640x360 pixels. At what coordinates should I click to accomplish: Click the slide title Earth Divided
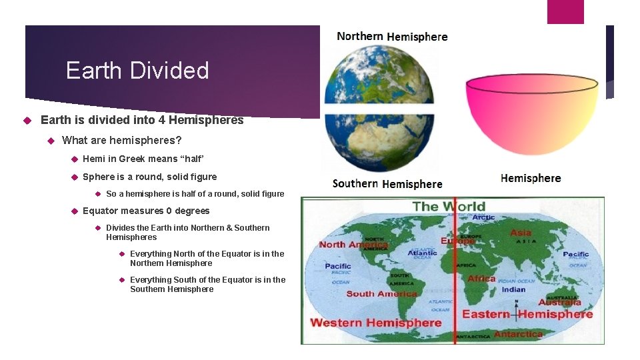(x=137, y=71)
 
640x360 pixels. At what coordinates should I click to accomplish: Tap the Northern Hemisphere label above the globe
(x=392, y=37)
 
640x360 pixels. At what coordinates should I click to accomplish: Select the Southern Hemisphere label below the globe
(x=387, y=183)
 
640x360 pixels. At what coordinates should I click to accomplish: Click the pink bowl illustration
(x=531, y=111)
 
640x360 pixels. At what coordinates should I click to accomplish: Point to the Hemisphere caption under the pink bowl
(x=531, y=178)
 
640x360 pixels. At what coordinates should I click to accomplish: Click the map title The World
(x=449, y=206)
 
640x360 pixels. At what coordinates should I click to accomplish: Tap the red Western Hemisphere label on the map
(x=376, y=323)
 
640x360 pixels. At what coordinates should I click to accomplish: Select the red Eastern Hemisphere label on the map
(x=527, y=314)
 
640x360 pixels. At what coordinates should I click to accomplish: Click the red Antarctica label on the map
(x=519, y=333)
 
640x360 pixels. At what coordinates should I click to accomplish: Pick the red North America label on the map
(x=353, y=245)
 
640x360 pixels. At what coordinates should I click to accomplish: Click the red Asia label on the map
(x=521, y=233)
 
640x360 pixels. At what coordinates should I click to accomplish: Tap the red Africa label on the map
(x=481, y=279)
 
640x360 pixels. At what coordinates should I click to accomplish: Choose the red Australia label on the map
(x=560, y=303)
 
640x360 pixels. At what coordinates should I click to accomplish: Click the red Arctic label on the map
(x=483, y=217)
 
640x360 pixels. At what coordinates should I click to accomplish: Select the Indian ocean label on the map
(x=513, y=289)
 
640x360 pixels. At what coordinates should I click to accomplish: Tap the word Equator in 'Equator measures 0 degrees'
(x=100, y=211)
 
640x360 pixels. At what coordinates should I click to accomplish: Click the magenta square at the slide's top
(x=565, y=11)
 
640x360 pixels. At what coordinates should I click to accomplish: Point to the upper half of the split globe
(x=379, y=73)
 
